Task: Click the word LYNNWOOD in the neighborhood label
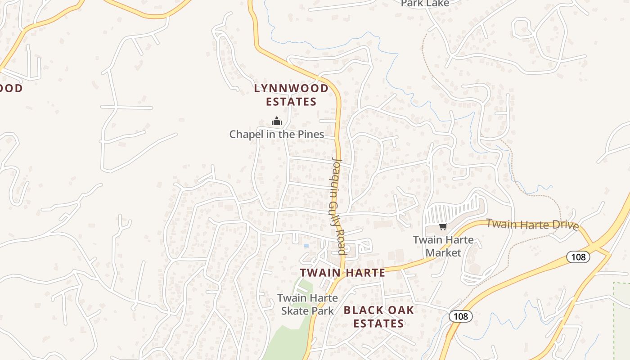(x=291, y=88)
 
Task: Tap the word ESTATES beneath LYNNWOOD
(x=291, y=102)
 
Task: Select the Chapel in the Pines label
(x=276, y=134)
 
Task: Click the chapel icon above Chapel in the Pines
(x=276, y=121)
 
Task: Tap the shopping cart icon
(x=443, y=226)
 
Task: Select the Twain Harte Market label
(x=443, y=246)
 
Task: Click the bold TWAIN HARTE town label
(x=342, y=272)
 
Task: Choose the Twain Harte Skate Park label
(x=307, y=304)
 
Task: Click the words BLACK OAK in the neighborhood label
(x=378, y=310)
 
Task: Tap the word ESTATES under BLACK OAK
(x=378, y=324)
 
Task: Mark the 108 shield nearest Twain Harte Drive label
(x=578, y=257)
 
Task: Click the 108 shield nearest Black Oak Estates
(x=460, y=316)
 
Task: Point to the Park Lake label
(x=425, y=4)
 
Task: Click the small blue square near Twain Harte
(x=306, y=246)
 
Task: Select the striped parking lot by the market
(x=452, y=209)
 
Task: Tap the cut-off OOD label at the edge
(x=11, y=88)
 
